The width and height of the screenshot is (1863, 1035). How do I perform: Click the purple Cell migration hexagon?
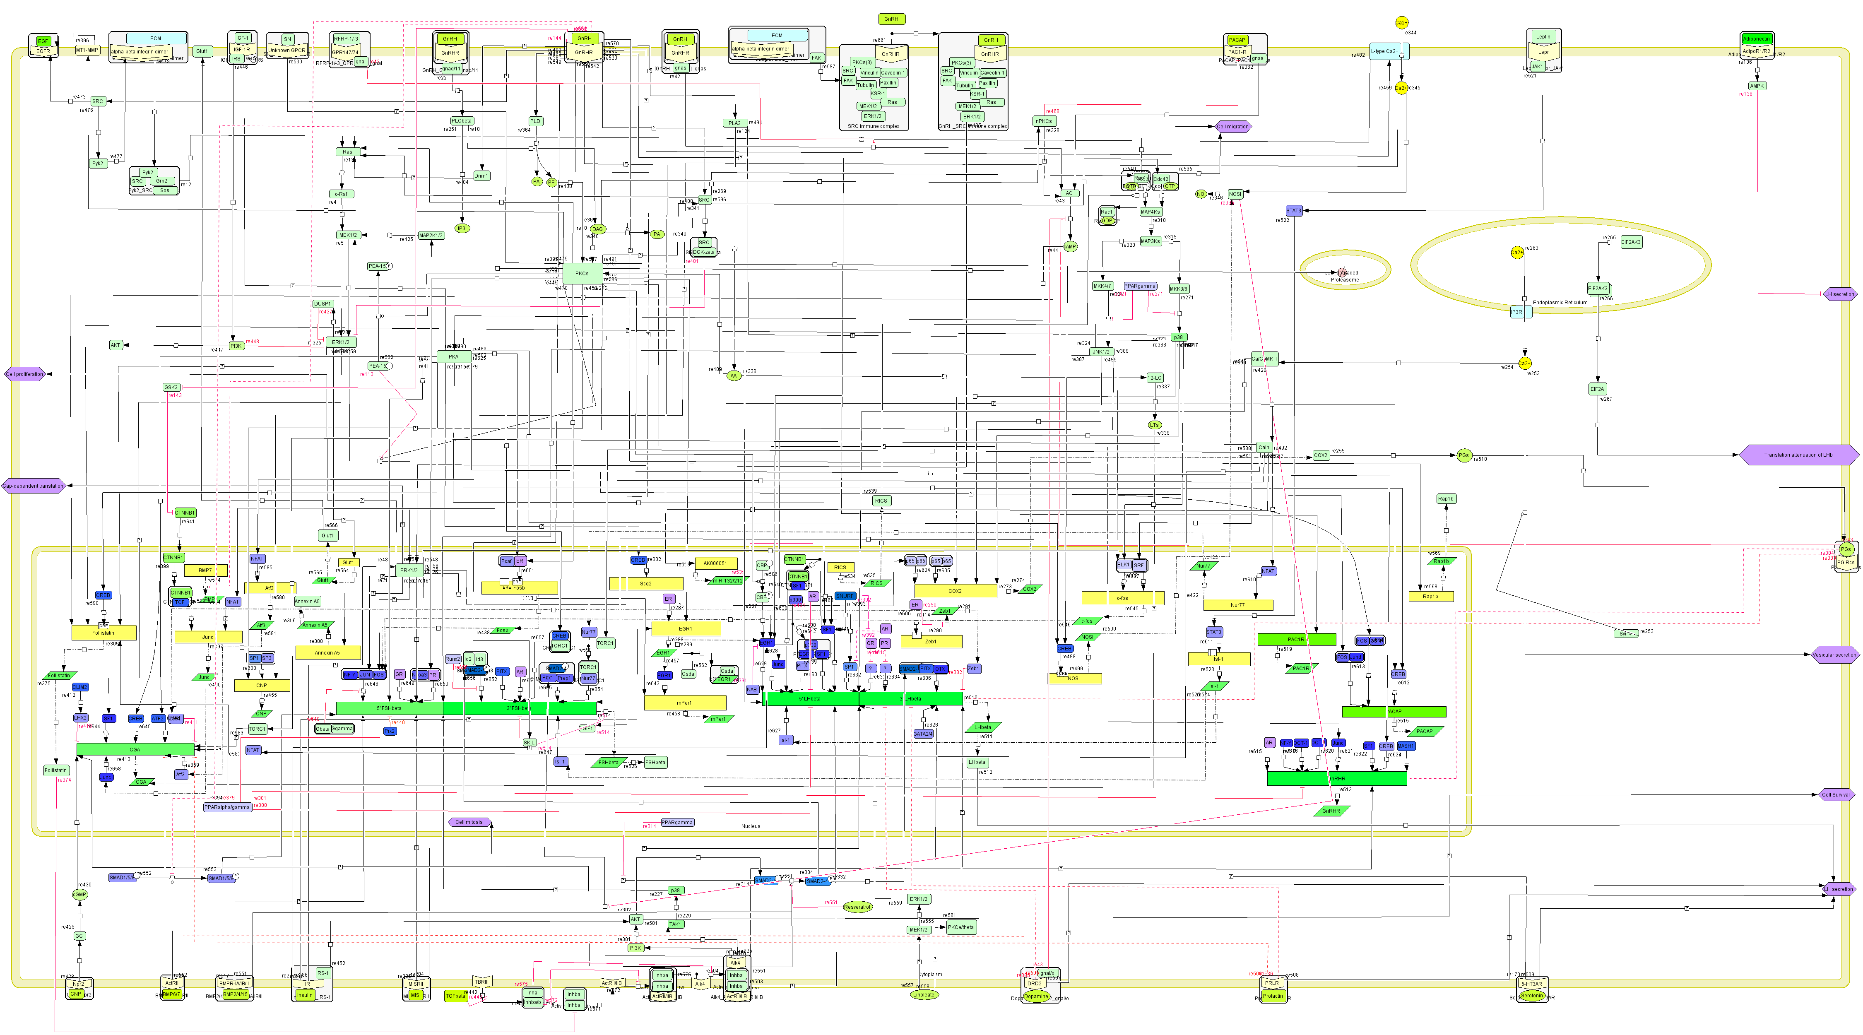[x=1232, y=127]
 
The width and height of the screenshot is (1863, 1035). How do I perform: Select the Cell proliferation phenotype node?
[x=24, y=374]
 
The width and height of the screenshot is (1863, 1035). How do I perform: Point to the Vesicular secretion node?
[x=1834, y=655]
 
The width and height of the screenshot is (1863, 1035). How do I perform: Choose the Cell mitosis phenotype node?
[x=469, y=822]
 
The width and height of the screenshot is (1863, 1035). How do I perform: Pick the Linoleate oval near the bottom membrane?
[x=924, y=994]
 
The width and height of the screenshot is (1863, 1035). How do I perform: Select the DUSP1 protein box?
[x=323, y=304]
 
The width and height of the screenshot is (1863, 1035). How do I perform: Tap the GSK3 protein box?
[x=171, y=388]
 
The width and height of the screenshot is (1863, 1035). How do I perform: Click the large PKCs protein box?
[x=582, y=273]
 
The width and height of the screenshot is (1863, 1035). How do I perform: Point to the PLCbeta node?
[x=462, y=121]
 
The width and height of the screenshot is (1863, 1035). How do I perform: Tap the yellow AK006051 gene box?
[x=715, y=563]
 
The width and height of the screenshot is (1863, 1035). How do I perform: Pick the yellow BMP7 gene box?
[x=205, y=570]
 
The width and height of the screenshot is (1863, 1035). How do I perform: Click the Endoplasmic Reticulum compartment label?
[x=1560, y=302]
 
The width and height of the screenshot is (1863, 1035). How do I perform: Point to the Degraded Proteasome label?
[x=1344, y=276]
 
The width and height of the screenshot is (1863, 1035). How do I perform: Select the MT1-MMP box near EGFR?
[x=87, y=51]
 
